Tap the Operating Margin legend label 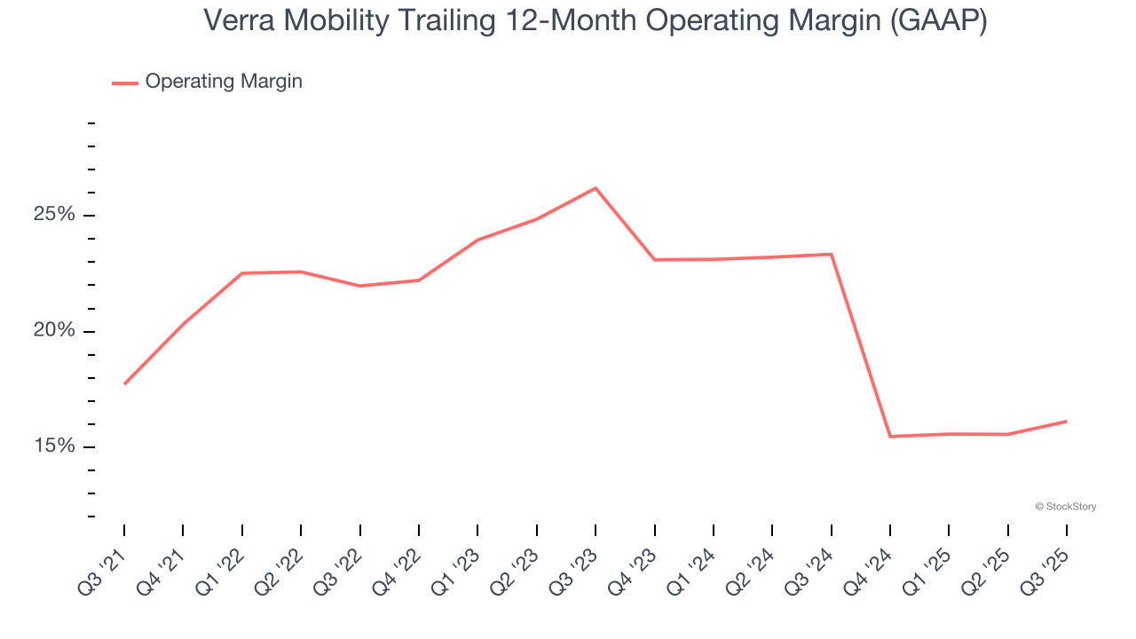[223, 82]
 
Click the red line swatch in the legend [124, 83]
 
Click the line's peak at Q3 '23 [596, 188]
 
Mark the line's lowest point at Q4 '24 [890, 437]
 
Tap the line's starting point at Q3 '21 [124, 384]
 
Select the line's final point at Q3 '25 [1066, 421]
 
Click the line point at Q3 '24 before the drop [832, 255]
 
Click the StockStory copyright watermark [1065, 507]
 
